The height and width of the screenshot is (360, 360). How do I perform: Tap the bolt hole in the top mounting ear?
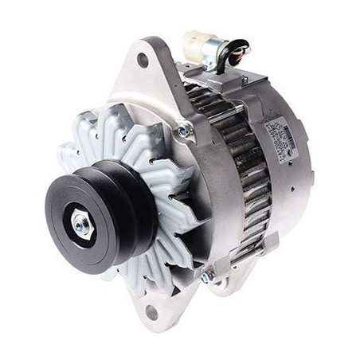pyautogui.click(x=143, y=59)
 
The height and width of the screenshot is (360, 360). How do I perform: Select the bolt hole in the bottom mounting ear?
pyautogui.click(x=152, y=311)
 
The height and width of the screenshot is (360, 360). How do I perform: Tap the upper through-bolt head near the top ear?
pyautogui.click(x=185, y=128)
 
